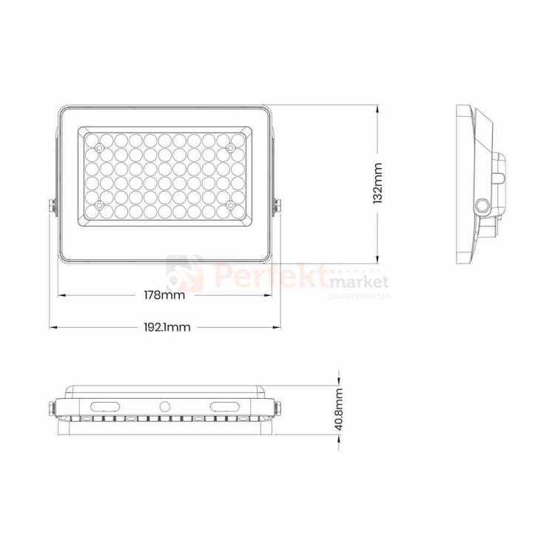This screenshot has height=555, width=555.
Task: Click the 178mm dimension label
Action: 164,295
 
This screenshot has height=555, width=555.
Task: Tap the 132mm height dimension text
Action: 378,183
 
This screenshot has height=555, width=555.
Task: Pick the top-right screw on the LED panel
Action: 230,149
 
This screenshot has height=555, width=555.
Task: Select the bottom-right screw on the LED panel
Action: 230,205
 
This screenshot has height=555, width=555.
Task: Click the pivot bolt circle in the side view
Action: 484,205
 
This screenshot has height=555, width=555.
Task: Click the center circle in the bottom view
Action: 164,406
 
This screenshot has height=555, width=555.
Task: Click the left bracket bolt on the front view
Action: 53,208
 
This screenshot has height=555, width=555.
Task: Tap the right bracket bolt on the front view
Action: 278,208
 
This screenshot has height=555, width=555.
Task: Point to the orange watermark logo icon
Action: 185,273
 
